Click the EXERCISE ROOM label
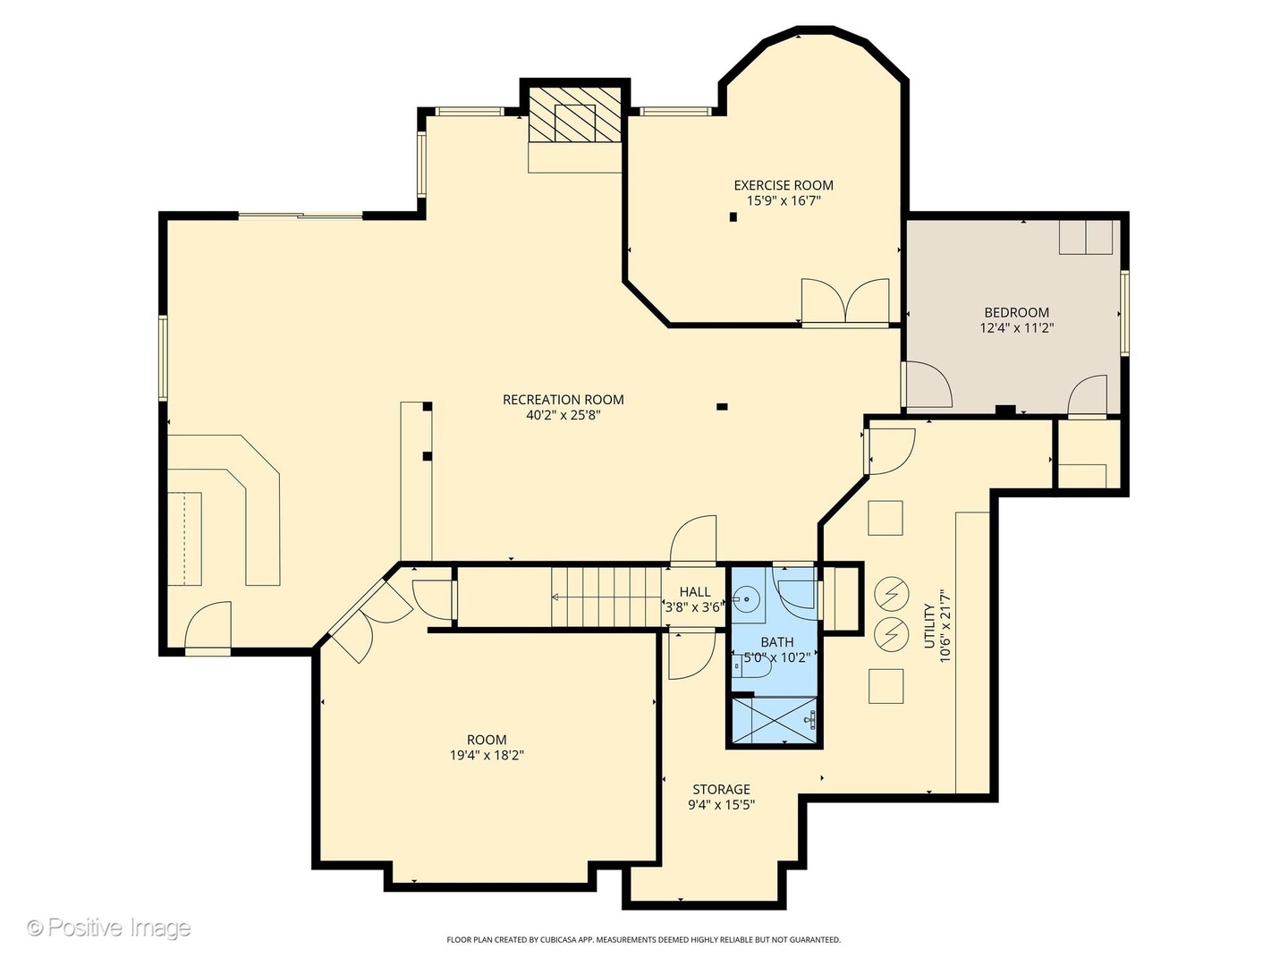784,185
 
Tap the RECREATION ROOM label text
563,400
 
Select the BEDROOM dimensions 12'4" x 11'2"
1016,328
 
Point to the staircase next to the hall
605,597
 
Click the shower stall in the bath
775,719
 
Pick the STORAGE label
721,789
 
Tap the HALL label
695,591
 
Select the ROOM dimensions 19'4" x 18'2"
487,755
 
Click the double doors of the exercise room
845,301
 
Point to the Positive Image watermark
108,928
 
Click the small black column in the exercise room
733,216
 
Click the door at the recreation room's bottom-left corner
208,628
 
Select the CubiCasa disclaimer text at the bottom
643,940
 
